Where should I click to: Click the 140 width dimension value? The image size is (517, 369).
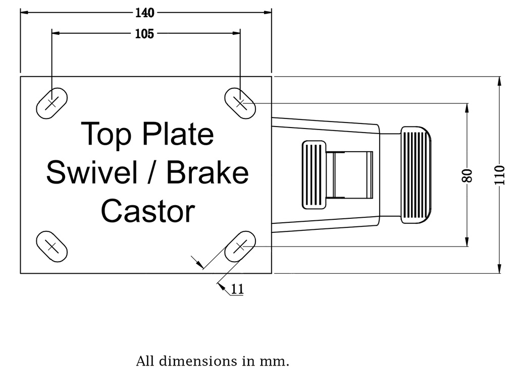point(145,13)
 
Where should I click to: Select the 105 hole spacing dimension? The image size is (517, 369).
point(145,34)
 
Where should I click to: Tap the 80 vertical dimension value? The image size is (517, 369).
point(468,175)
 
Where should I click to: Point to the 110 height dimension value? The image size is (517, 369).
point(499,175)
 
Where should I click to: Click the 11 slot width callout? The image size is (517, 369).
point(237,289)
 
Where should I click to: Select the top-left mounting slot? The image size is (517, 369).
point(52,103)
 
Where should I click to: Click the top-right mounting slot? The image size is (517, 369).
point(240,103)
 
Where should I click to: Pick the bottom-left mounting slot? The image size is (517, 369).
point(52,246)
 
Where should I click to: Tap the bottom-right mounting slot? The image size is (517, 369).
point(240,247)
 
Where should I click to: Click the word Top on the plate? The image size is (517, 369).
point(106,134)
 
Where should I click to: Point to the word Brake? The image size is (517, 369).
point(208,173)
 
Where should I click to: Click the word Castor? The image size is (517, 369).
point(147,211)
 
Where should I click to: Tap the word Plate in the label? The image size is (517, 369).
point(177,134)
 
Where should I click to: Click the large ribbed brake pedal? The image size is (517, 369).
point(416,175)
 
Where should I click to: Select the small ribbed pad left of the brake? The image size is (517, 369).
point(314,175)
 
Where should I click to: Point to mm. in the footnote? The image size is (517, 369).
point(278,361)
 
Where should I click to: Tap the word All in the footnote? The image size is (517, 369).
point(145,361)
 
